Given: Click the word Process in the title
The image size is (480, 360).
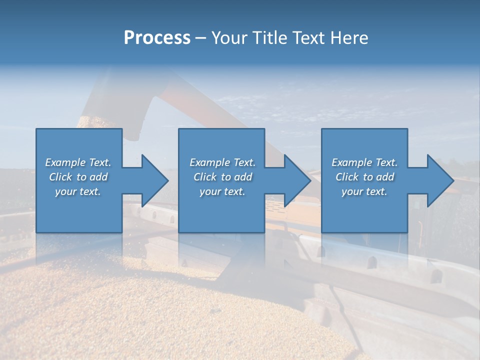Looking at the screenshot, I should tap(157, 38).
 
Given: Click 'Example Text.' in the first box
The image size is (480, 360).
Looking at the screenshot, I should tap(78, 162).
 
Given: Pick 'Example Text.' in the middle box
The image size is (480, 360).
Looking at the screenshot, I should tap(222, 162).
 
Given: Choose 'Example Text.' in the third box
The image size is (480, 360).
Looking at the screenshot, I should tap(364, 162).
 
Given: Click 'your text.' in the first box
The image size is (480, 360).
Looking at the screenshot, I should tap(78, 191).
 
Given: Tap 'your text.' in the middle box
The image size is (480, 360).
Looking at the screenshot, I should tap(222, 191).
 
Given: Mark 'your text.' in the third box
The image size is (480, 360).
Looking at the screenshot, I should tap(364, 191).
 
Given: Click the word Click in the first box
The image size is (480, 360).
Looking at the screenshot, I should tap(60, 177).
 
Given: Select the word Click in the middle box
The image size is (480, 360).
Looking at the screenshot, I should tap(205, 177).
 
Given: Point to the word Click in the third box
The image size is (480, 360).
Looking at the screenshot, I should tap(347, 177).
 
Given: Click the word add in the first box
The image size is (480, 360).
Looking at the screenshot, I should tap(99, 177).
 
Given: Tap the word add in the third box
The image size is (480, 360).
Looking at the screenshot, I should tap(385, 177).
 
